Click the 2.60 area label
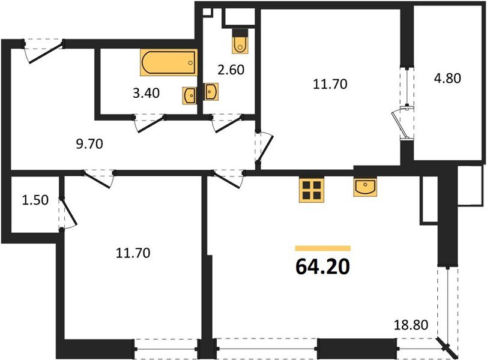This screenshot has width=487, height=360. pos(230,70)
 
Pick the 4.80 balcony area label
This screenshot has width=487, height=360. pos(447,78)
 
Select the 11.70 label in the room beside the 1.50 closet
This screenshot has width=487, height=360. pos(132,253)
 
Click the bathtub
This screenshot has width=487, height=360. pos(169,62)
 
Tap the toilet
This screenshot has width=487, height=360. pos(240,41)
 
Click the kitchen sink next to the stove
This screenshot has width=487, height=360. pos(366,188)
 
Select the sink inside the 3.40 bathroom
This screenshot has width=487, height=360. pos(189,95)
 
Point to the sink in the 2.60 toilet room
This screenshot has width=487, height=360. pos(211,91)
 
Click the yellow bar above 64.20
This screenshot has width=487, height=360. pos(322,247)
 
